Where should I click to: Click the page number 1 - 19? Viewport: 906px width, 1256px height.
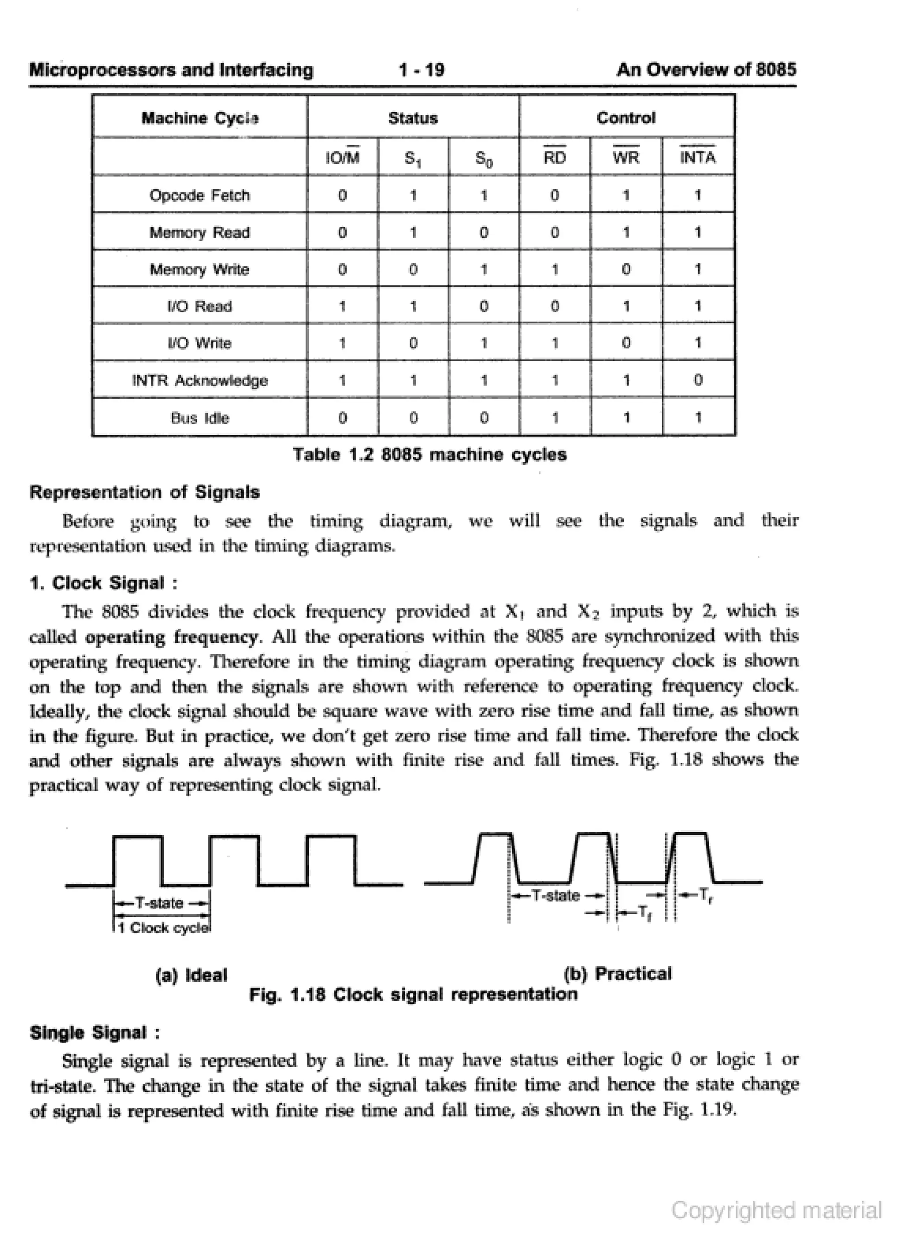(421, 70)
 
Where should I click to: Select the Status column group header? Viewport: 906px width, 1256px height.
(413, 118)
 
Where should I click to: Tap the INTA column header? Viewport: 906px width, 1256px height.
(697, 158)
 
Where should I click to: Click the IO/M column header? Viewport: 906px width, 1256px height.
(342, 158)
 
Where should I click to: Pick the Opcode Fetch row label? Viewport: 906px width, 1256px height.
(200, 195)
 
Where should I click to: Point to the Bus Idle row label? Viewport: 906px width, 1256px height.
(200, 418)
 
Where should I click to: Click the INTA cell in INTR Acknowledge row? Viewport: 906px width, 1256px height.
(697, 380)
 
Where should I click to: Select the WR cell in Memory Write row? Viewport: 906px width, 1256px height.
(626, 269)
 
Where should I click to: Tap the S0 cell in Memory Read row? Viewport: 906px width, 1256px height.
(484, 232)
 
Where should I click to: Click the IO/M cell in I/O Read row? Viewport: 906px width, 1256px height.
(342, 306)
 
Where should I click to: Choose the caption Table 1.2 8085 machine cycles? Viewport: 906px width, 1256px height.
(429, 455)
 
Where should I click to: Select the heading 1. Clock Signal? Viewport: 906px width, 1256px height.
(104, 583)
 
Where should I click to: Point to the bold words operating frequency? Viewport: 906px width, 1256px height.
(171, 637)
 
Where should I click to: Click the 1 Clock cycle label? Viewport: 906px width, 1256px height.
(164, 928)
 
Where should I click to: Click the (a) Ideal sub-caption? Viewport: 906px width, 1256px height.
(191, 975)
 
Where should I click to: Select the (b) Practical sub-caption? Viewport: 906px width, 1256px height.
(617, 974)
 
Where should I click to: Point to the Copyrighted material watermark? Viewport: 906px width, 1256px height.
(776, 1210)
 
